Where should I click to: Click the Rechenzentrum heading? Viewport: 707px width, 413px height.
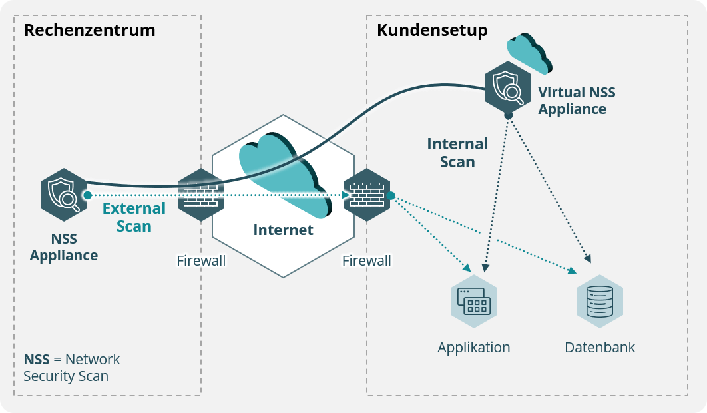[90, 30]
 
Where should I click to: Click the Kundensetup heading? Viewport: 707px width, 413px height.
[432, 30]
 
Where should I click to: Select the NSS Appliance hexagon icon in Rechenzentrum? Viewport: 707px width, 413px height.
[64, 195]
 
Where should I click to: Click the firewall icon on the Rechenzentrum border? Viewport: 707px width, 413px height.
[201, 195]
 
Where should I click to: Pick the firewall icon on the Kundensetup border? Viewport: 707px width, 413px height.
[366, 195]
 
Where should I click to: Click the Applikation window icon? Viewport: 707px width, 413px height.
[474, 302]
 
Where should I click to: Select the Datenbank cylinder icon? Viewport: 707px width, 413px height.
[599, 302]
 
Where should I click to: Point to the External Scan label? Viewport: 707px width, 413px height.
[134, 217]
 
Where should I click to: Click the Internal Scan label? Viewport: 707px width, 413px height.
[457, 153]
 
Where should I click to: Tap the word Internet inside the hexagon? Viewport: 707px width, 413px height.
[283, 230]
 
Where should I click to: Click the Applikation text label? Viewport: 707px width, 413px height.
[474, 348]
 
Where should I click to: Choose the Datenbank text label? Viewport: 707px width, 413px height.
[600, 348]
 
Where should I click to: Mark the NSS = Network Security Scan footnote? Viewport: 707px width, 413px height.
[72, 368]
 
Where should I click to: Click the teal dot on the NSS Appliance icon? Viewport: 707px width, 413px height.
[87, 195]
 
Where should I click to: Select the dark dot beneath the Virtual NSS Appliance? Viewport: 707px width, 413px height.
[508, 116]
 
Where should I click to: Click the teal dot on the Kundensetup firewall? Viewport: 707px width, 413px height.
[391, 195]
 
